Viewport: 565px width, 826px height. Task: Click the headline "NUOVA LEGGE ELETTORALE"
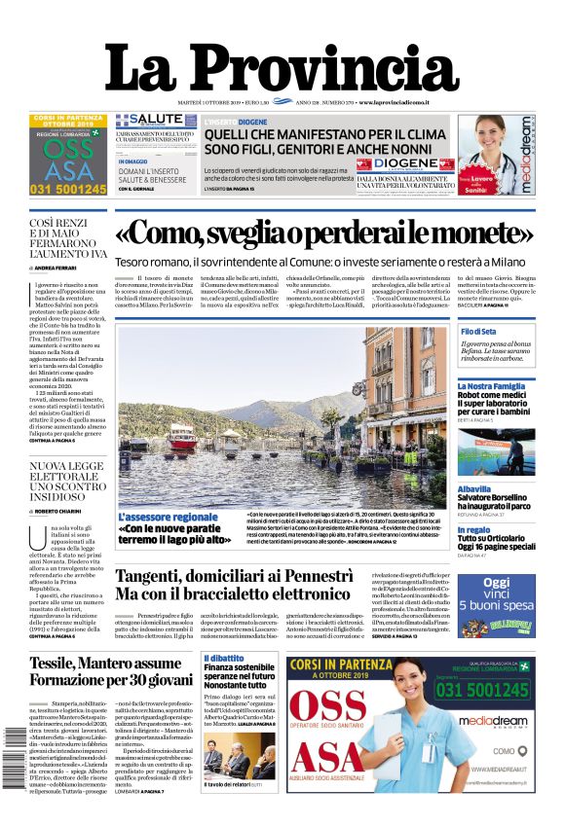point(65,480)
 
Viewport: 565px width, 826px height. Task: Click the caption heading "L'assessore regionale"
point(168,517)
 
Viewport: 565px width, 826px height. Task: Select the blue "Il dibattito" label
point(223,659)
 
